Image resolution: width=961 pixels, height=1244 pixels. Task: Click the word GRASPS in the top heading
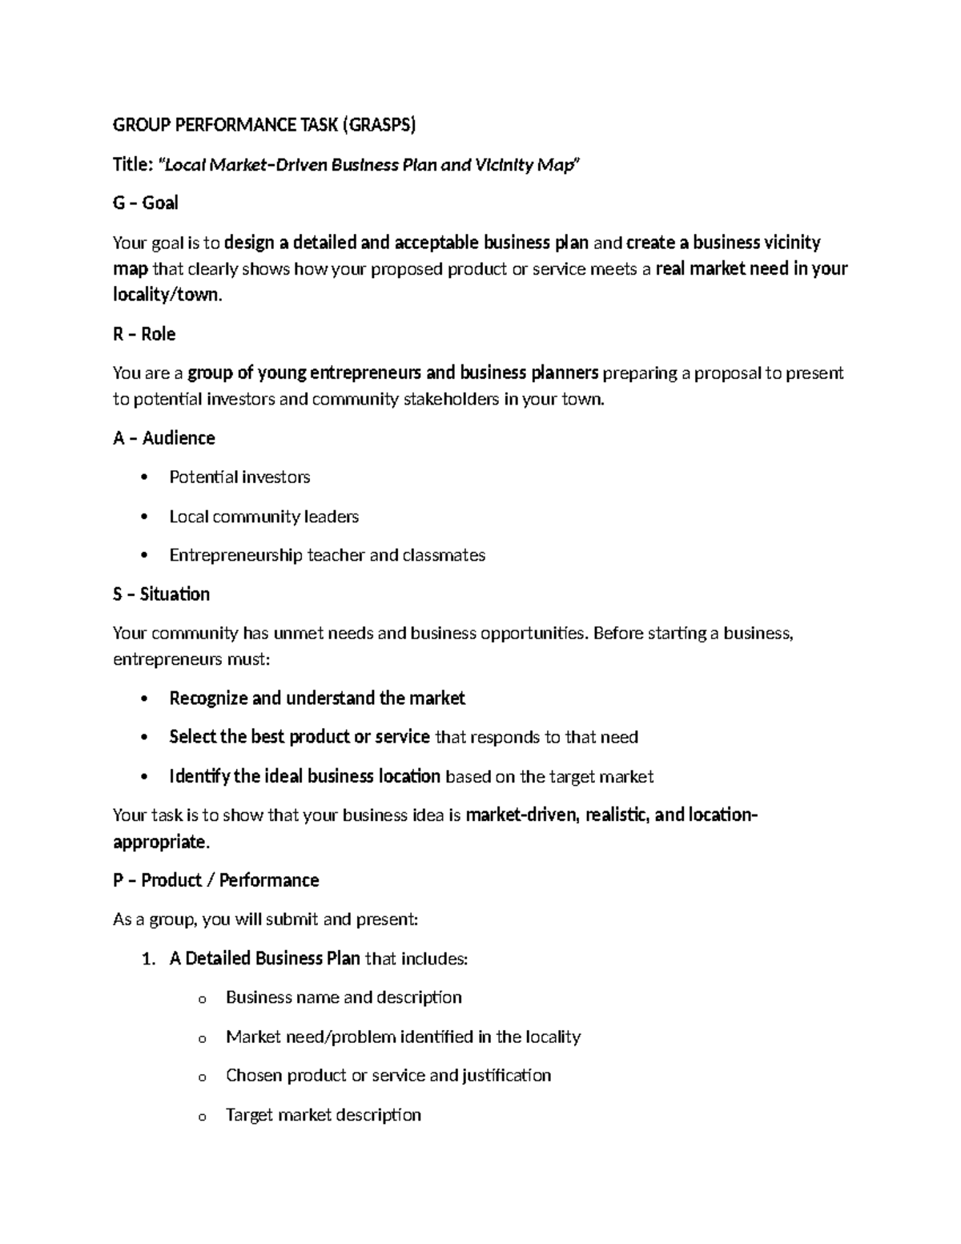click(380, 125)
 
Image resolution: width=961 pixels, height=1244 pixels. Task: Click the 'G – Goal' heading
click(145, 203)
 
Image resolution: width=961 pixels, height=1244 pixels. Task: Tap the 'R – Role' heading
click(144, 334)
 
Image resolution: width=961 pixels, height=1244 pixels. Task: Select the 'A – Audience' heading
click(163, 438)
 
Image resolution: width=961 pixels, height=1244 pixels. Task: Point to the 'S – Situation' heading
click(161, 594)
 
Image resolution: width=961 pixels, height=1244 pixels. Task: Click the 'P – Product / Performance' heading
click(215, 880)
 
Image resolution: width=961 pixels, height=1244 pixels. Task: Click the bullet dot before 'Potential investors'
click(144, 478)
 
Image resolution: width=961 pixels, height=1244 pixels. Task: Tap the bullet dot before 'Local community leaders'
click(144, 517)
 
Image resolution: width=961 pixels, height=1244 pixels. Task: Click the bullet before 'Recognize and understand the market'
click(144, 699)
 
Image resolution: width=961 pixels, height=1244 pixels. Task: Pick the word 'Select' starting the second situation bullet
click(192, 737)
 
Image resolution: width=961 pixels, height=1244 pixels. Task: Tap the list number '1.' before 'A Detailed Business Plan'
click(148, 959)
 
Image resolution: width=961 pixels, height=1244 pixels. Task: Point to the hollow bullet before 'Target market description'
click(202, 1117)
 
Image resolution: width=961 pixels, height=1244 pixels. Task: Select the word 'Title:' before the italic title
click(133, 165)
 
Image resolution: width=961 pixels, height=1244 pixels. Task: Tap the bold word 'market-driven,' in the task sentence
click(523, 815)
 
